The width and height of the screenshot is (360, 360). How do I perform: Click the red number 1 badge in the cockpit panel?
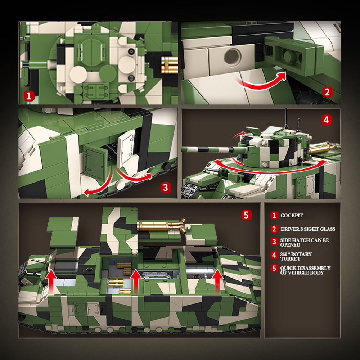[29, 96]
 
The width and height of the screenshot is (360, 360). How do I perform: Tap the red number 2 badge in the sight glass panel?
[327, 92]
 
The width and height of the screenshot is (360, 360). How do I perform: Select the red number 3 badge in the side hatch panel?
[166, 188]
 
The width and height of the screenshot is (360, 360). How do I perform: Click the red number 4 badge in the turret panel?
[326, 120]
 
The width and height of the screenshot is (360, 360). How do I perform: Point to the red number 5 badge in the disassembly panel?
[246, 215]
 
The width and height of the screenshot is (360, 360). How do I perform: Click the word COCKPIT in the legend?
[292, 215]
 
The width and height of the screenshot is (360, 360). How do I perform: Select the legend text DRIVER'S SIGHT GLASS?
[308, 229]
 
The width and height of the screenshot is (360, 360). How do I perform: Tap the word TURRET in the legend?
[290, 259]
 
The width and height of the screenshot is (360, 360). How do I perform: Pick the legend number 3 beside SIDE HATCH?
[274, 242]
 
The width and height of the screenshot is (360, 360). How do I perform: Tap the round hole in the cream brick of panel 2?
[233, 57]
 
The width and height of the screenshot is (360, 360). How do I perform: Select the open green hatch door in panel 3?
[95, 161]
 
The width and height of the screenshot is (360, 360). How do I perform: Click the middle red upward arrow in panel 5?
[136, 282]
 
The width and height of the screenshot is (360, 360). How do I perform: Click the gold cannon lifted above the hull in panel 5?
[161, 226]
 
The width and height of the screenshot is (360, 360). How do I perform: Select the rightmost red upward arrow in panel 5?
[217, 282]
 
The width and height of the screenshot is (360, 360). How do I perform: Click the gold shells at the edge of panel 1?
[170, 65]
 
